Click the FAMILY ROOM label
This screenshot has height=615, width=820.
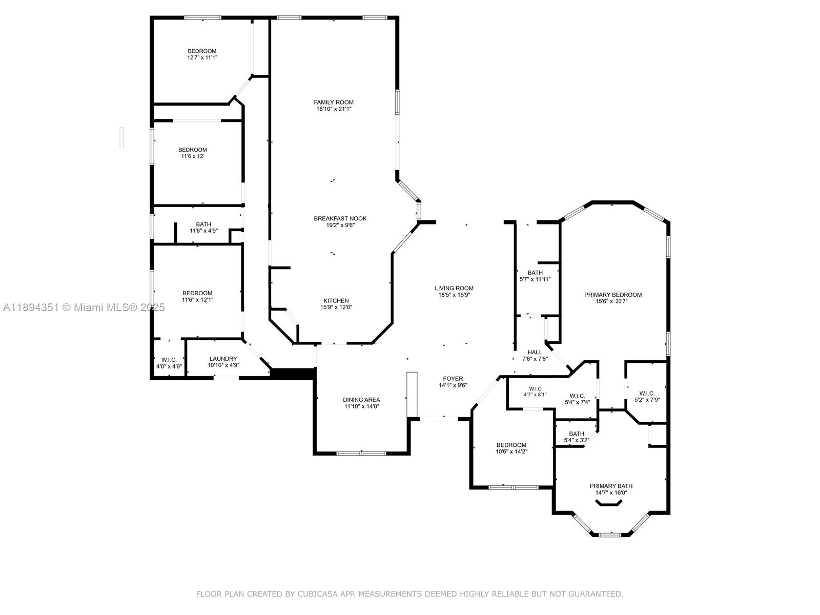coord(333,102)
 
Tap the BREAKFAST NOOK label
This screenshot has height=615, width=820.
coord(340,218)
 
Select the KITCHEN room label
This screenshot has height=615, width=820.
coord(336,301)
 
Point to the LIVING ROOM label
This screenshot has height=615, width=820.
coord(454,288)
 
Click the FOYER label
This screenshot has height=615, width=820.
coord(453,379)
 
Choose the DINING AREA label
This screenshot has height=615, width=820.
coord(361,400)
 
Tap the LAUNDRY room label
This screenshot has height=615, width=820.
coord(223,359)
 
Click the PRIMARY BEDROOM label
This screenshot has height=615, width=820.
coord(612,295)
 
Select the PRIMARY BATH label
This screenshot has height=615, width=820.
coord(611,486)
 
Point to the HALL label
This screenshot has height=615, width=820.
coord(535,352)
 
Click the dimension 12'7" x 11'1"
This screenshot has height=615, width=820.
coord(202,57)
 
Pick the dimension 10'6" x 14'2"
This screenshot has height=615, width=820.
coord(511,452)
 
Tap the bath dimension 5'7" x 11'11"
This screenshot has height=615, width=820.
coord(535,279)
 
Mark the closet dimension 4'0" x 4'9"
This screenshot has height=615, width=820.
coord(169,366)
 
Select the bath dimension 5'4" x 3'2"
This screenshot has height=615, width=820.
coord(577,440)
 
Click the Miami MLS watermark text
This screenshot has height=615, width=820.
coord(84,307)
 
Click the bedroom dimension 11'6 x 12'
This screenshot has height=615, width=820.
coord(192,156)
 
